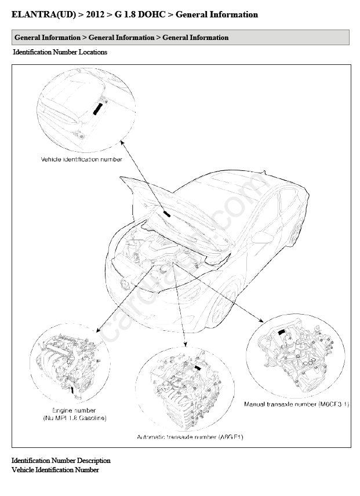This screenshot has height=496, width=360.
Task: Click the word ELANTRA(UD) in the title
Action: point(43,14)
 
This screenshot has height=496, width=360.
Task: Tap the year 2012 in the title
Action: point(95,14)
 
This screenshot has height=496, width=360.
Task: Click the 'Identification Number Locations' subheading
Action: point(60,52)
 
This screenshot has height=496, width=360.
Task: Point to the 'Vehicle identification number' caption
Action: point(82,159)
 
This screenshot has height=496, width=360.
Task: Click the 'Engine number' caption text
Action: point(74,411)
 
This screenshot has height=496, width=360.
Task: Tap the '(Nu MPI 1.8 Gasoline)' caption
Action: point(75,418)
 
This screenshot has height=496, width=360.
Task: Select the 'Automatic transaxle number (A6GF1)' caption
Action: point(190,437)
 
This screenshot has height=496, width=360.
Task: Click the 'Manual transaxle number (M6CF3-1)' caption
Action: point(297,404)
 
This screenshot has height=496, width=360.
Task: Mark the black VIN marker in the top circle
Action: point(98,109)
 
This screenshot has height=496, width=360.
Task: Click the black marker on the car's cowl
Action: point(167,214)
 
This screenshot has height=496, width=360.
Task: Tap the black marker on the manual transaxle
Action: point(281,332)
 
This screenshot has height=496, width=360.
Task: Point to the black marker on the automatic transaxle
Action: point(198,367)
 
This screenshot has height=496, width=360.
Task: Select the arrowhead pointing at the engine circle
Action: point(98,330)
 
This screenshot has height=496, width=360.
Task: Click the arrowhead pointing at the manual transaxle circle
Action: point(261,320)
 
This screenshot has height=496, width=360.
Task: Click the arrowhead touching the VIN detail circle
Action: point(122,143)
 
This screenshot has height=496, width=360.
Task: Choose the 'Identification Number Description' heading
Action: point(61,461)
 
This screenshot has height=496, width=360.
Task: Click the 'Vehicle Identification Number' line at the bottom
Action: point(55,470)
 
